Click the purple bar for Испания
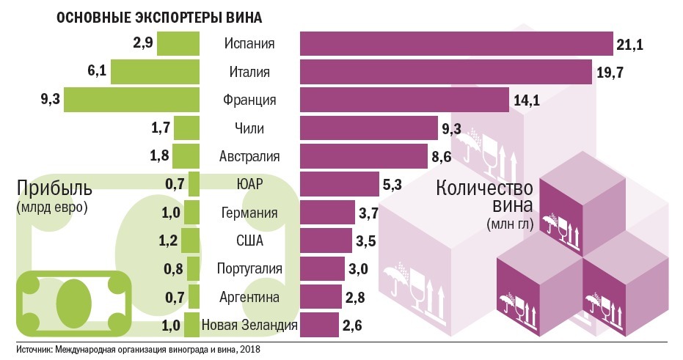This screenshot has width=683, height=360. [456, 44]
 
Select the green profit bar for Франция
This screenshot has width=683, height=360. [131, 100]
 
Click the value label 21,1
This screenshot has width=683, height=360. [629, 45]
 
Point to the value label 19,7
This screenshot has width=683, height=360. [609, 73]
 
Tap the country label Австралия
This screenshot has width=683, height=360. [249, 156]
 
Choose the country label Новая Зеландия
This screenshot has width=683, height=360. [249, 324]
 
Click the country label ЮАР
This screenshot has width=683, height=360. [249, 184]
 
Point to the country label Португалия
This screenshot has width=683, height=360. [249, 268]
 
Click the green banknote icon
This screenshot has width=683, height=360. [73, 301]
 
